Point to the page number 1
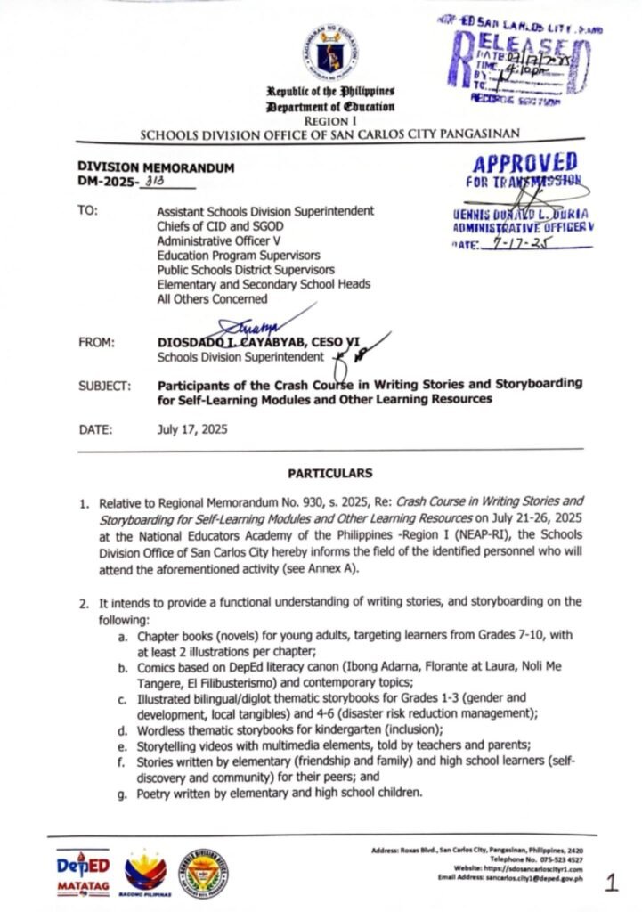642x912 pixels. pos(611,883)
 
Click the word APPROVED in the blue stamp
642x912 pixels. pos(524,164)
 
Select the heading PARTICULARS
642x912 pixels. pos(330,473)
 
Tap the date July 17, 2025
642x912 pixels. pos(192,429)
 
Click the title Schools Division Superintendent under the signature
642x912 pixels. pos(240,357)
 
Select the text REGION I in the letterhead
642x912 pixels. pos(329,118)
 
